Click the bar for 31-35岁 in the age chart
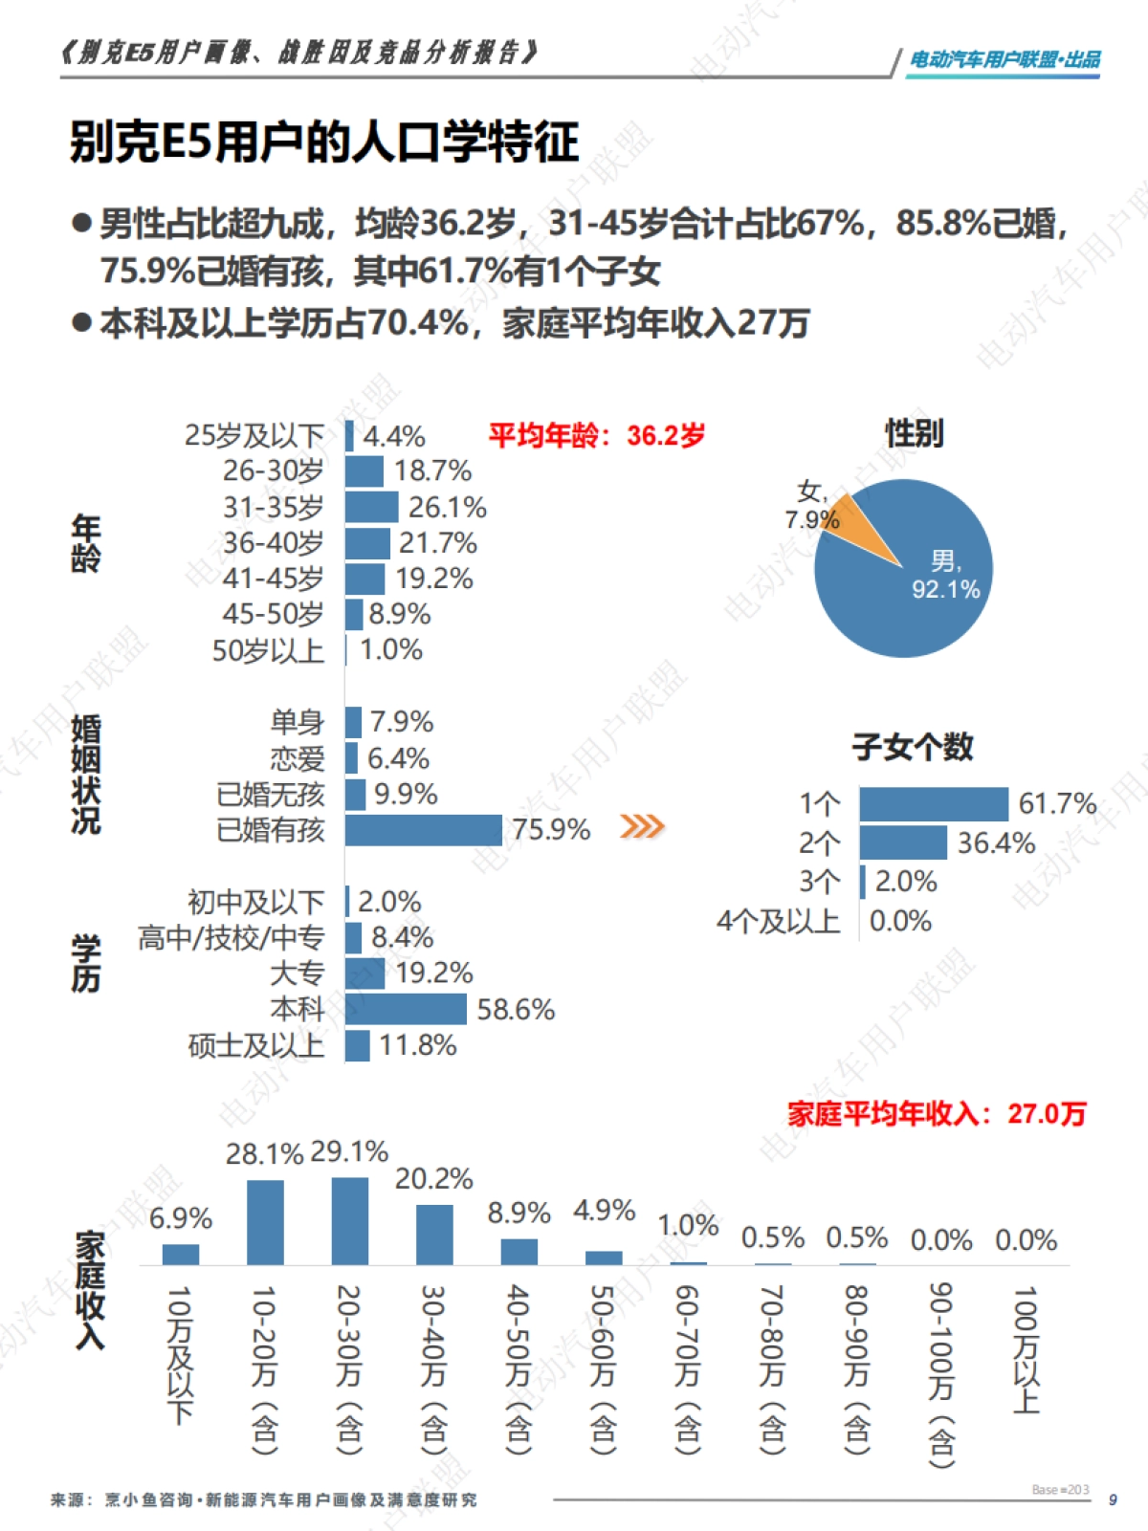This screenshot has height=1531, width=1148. (x=372, y=507)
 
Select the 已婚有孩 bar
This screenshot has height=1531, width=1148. (x=424, y=830)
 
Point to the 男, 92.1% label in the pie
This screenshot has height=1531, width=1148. (x=945, y=575)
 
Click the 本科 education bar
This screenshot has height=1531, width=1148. (x=406, y=1009)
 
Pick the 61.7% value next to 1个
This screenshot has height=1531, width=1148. (x=1057, y=803)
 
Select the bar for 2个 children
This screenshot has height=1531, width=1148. (x=903, y=842)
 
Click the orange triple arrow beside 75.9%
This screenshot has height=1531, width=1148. (x=642, y=826)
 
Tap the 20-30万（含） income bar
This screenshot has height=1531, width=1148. (x=350, y=1221)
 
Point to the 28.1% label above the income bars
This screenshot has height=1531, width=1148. (x=264, y=1154)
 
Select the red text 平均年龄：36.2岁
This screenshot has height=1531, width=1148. (x=597, y=436)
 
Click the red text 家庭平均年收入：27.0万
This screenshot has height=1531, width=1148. (x=937, y=1114)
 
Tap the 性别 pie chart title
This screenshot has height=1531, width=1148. (x=914, y=433)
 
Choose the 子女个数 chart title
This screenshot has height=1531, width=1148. (x=913, y=747)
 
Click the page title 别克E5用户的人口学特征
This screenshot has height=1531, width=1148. (x=324, y=142)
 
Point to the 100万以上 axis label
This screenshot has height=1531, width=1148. (x=1026, y=1349)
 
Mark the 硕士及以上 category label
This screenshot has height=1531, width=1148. (x=256, y=1045)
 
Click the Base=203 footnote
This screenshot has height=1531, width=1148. (x=1060, y=1490)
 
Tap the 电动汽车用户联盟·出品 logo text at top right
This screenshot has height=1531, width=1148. (x=1004, y=59)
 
